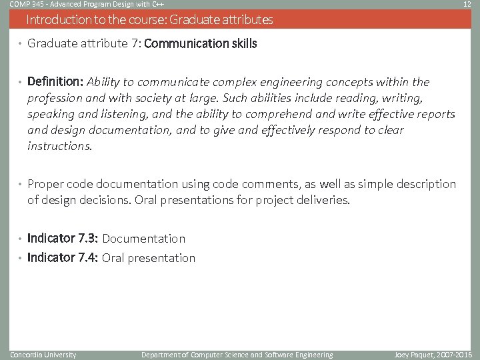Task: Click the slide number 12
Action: (467, 5)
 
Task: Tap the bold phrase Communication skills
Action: (200, 44)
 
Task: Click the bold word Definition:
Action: (55, 82)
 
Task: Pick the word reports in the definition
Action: (435, 114)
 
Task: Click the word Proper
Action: (45, 184)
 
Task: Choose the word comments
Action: (267, 184)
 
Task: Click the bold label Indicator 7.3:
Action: (63, 238)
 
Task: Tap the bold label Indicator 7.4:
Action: (63, 258)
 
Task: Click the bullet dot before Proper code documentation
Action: (21, 185)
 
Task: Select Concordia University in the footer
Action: (43, 355)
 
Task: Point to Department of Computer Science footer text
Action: (237, 355)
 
